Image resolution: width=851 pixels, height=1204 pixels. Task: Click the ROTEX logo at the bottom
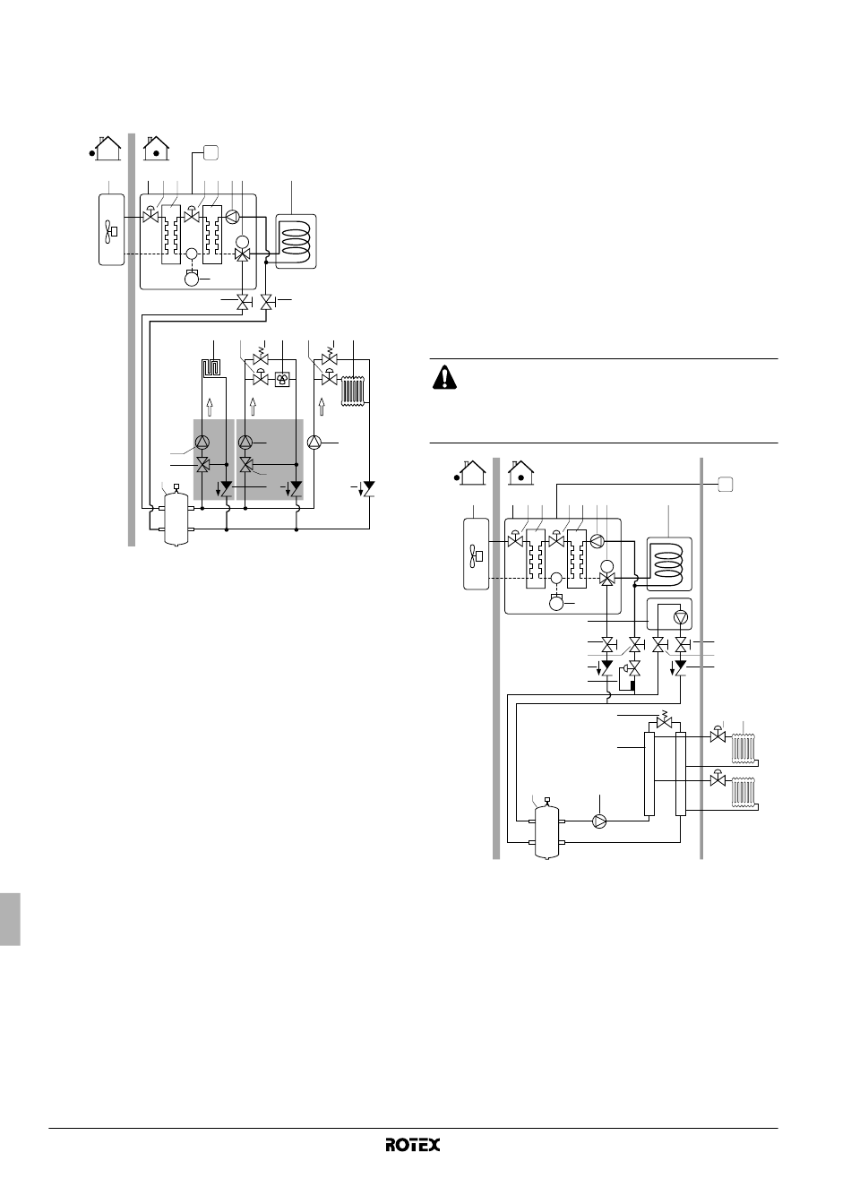pyautogui.click(x=412, y=1145)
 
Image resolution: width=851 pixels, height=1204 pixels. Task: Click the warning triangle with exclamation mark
pyautogui.click(x=444, y=377)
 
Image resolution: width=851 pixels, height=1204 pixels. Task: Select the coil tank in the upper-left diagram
pyautogui.click(x=296, y=241)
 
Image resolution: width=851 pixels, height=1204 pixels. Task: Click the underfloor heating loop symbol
pyautogui.click(x=211, y=369)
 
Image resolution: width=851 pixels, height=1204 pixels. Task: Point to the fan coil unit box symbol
pyautogui.click(x=282, y=380)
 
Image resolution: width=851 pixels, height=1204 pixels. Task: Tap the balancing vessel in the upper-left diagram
pyautogui.click(x=176, y=515)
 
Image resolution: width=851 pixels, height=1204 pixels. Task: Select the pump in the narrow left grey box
pyautogui.click(x=202, y=443)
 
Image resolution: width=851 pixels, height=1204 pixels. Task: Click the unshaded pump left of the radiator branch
pyautogui.click(x=314, y=443)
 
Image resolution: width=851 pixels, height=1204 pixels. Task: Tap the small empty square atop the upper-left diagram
pyautogui.click(x=211, y=152)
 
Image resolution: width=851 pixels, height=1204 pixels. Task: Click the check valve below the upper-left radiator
pyautogui.click(x=369, y=488)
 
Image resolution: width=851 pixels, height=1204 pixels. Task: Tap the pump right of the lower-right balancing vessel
pyautogui.click(x=599, y=821)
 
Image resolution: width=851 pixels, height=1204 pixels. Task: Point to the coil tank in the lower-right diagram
pyautogui.click(x=669, y=563)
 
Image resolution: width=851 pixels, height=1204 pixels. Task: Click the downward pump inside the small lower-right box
pyautogui.click(x=681, y=616)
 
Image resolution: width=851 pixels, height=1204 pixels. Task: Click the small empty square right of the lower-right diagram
pyautogui.click(x=726, y=484)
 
